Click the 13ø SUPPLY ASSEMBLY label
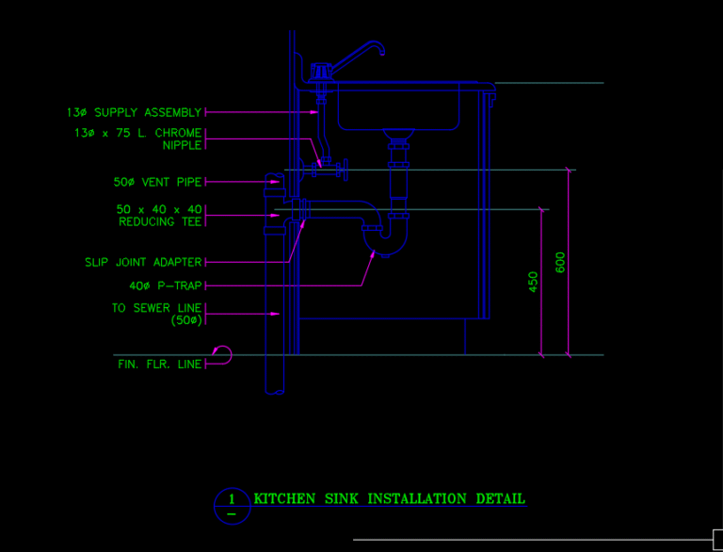(x=135, y=113)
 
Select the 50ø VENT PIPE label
(x=158, y=183)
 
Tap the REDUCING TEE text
(x=160, y=222)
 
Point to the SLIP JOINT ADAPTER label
(x=143, y=262)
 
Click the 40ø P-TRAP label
(x=166, y=286)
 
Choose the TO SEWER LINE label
(x=157, y=308)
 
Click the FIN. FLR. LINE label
(x=160, y=365)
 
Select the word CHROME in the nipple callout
(x=178, y=133)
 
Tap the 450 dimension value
(x=533, y=282)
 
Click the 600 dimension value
(x=560, y=262)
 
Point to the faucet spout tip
(x=382, y=53)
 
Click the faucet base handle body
(x=320, y=72)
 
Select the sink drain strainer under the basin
(x=398, y=134)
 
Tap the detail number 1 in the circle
(x=232, y=499)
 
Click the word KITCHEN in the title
(x=284, y=499)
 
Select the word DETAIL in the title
(x=500, y=499)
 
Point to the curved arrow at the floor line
(x=223, y=354)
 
